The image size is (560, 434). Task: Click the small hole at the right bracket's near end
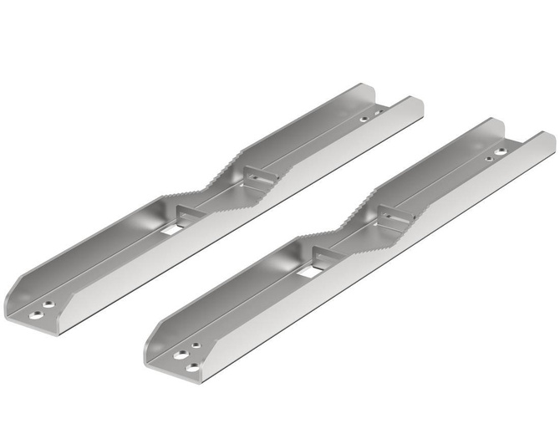click(x=195, y=345)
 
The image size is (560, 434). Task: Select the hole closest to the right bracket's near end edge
click(x=193, y=367)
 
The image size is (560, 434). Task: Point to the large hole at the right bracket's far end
click(x=501, y=152)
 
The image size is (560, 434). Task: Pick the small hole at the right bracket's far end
click(x=490, y=157)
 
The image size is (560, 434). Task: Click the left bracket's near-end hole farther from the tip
click(x=49, y=305)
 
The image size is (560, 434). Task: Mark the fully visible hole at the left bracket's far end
click(x=364, y=119)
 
